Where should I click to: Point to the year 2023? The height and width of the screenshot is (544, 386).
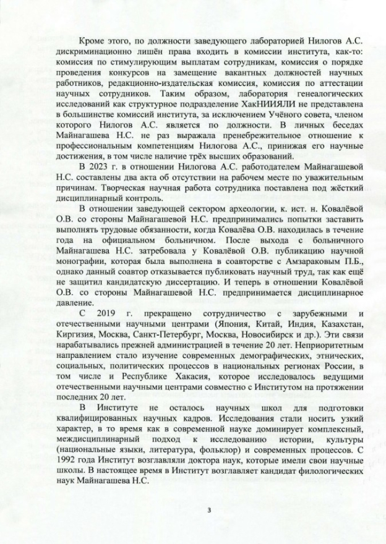99,165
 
